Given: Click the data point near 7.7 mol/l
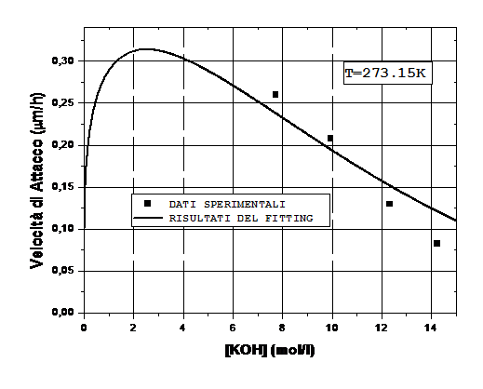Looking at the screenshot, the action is click(275, 94).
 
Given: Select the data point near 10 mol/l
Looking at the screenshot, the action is click(330, 138).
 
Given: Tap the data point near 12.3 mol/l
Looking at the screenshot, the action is click(389, 204).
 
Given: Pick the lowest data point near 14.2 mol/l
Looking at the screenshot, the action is click(436, 244).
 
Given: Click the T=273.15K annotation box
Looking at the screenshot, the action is click(388, 74).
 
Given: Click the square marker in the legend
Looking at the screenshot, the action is click(147, 204).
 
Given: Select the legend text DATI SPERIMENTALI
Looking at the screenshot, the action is click(227, 205).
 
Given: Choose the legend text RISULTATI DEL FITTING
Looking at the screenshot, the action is click(241, 219).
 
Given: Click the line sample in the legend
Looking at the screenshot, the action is click(148, 218).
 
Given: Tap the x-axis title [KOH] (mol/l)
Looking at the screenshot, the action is click(270, 350).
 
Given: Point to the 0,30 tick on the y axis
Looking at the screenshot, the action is click(63, 60).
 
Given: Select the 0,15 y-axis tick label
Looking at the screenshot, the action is click(63, 187).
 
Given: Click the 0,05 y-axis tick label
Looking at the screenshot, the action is click(63, 271).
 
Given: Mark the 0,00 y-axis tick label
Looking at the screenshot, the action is click(63, 313).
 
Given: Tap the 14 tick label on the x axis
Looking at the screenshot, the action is click(431, 328).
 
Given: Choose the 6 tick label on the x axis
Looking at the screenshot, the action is click(233, 328).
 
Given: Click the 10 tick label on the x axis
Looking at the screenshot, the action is click(332, 328).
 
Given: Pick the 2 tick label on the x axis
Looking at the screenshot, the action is click(133, 328).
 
